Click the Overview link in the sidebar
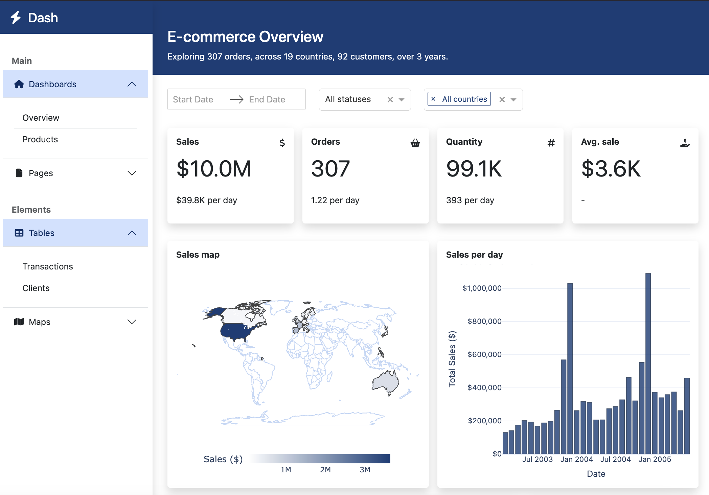click(41, 118)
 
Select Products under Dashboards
click(40, 139)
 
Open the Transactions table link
click(47, 266)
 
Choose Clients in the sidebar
click(36, 288)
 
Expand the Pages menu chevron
click(132, 173)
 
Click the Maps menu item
click(39, 322)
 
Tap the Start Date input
click(193, 99)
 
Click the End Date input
click(267, 99)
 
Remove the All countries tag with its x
click(433, 99)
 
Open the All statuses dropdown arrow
click(402, 99)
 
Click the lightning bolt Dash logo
click(16, 18)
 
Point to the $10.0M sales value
click(214, 169)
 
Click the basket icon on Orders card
click(415, 143)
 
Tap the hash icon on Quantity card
click(551, 143)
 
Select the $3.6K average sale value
click(611, 169)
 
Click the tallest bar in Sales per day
click(648, 363)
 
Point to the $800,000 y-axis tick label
click(484, 321)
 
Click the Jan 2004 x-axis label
click(576, 459)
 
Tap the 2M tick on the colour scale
click(325, 470)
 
